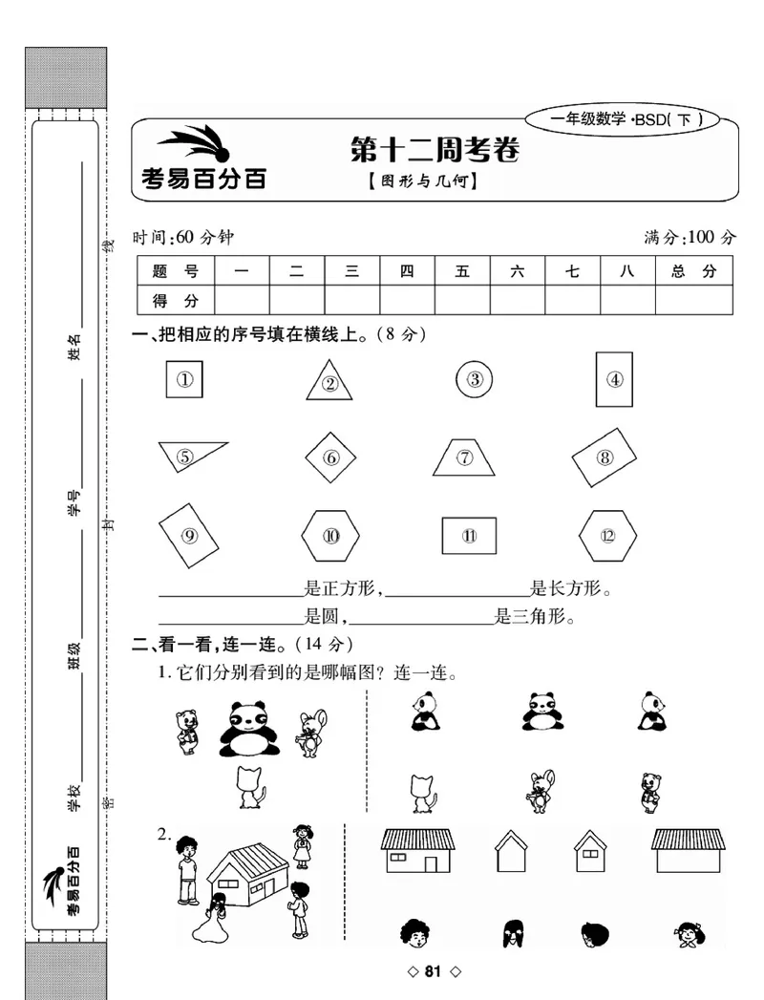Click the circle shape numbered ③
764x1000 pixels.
[x=475, y=380]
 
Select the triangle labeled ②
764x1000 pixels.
[x=329, y=382]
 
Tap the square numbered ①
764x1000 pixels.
[x=185, y=379]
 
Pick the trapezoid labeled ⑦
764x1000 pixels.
[x=464, y=457]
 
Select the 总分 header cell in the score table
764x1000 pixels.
[x=694, y=271]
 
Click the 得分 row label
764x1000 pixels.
[x=176, y=300]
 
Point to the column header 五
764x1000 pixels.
[x=462, y=271]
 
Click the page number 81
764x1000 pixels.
[x=434, y=972]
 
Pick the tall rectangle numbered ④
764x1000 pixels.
[x=614, y=379]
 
